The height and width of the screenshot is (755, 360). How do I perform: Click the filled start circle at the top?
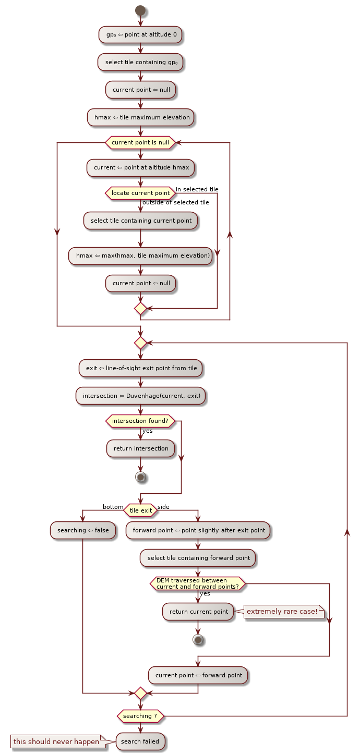(x=140, y=10)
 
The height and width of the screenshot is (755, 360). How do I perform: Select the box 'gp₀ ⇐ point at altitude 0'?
(x=140, y=34)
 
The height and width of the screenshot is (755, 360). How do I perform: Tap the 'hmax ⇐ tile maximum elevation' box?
(x=140, y=117)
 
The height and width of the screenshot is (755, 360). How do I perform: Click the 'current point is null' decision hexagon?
(x=140, y=142)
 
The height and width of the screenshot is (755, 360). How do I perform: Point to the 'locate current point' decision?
(x=140, y=193)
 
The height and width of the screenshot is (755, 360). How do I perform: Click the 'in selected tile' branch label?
(x=197, y=189)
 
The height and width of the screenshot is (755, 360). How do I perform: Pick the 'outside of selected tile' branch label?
(x=175, y=202)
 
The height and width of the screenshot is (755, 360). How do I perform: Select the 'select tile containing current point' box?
(x=140, y=221)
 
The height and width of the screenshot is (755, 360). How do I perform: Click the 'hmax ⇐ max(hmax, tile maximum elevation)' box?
(x=140, y=255)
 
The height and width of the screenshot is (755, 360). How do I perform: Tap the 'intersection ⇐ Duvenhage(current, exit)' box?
(x=141, y=396)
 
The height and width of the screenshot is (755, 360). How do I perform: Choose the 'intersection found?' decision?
(x=140, y=421)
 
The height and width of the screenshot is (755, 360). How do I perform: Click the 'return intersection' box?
(x=140, y=448)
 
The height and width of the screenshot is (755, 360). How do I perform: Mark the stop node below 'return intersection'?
(x=140, y=477)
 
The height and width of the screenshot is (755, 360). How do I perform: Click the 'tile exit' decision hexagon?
(x=140, y=510)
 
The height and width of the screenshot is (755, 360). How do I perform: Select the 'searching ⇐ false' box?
(x=83, y=530)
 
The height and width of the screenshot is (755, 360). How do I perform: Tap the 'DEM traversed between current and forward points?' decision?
(x=198, y=583)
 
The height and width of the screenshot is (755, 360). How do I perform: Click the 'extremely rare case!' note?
(x=282, y=611)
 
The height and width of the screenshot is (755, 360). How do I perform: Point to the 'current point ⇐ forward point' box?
(x=198, y=675)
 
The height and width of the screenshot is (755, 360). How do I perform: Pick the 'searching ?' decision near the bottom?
(x=140, y=716)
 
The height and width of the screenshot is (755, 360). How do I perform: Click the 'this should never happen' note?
(x=56, y=741)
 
